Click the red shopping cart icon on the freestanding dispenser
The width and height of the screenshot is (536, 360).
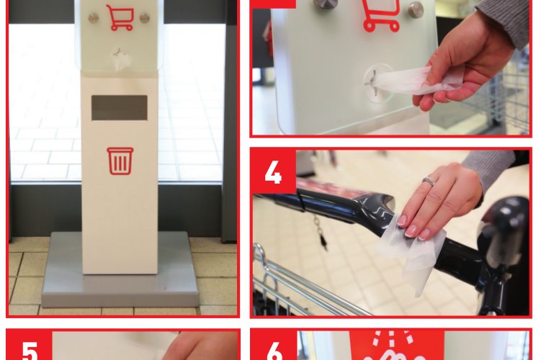pos(120,17)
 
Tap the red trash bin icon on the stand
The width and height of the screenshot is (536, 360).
pos(120,161)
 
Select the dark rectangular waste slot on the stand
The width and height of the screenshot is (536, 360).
pos(120,107)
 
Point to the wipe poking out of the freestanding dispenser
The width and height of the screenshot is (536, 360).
pos(120,60)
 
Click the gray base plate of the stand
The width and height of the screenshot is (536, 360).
pos(120,288)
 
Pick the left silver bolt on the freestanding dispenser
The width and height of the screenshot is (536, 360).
pos(93,17)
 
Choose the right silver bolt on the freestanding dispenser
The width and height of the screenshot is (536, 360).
pos(145,17)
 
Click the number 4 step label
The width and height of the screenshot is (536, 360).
pos(273,171)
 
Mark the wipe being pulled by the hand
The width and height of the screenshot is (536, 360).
pos(411,79)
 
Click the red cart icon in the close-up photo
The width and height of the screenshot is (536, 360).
pos(380,16)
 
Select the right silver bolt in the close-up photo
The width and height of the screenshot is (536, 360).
pos(416,9)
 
